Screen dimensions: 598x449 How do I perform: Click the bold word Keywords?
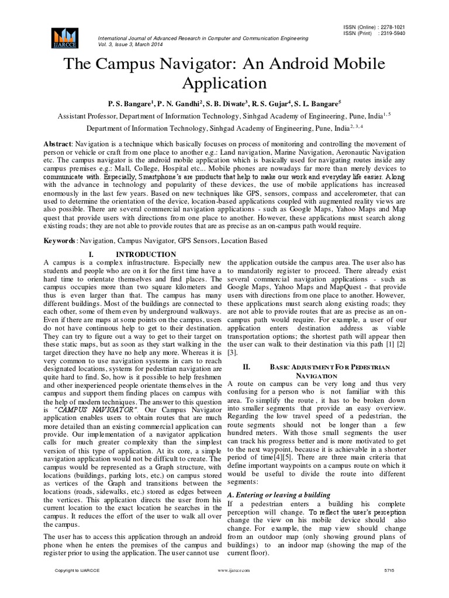[x=61, y=240]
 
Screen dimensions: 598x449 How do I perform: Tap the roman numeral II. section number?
[x=246, y=367]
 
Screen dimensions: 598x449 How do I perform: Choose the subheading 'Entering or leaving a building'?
[x=274, y=494]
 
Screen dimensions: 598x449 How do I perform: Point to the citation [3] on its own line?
[x=232, y=353]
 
